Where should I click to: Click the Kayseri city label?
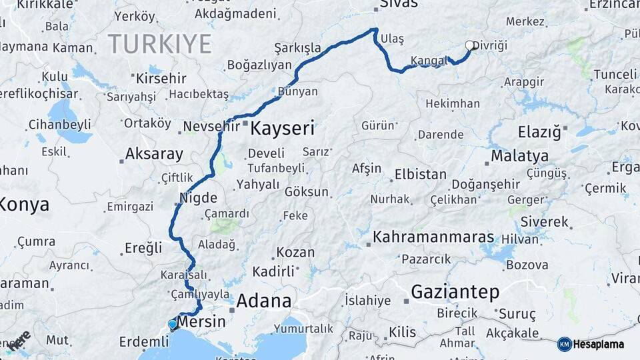tap(282, 129)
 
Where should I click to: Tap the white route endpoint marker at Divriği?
tap(470, 45)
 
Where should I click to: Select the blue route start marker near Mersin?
tap(173, 325)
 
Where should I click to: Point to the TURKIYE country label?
tap(160, 44)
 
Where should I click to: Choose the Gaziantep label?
tap(455, 291)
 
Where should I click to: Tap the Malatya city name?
tap(520, 156)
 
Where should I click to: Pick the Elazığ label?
tap(539, 131)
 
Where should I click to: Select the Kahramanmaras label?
tap(433, 237)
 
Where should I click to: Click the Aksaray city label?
tap(154, 155)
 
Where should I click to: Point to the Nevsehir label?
tap(211, 126)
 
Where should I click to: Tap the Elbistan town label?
tap(420, 175)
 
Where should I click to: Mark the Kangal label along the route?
tap(429, 61)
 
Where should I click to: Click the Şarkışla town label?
tap(297, 48)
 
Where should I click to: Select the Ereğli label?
tap(143, 248)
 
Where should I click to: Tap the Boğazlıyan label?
tap(260, 65)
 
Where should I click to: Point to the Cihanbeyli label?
tap(59, 124)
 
